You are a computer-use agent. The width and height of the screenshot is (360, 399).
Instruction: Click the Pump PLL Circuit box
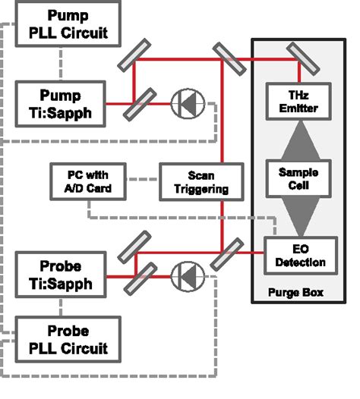pos(68,24)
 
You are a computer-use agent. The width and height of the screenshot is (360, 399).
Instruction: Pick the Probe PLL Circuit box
pos(68,339)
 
